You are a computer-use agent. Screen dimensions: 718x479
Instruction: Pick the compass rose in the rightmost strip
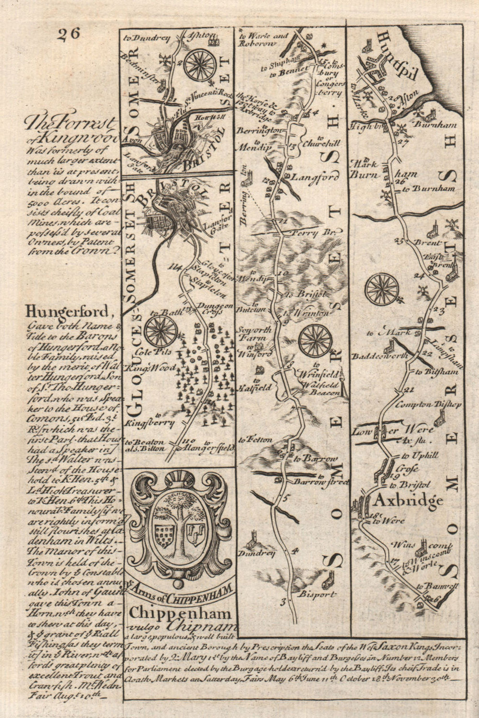(382, 290)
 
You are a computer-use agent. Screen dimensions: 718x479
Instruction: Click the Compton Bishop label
(434, 404)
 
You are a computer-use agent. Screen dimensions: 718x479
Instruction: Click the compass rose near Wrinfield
(315, 340)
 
